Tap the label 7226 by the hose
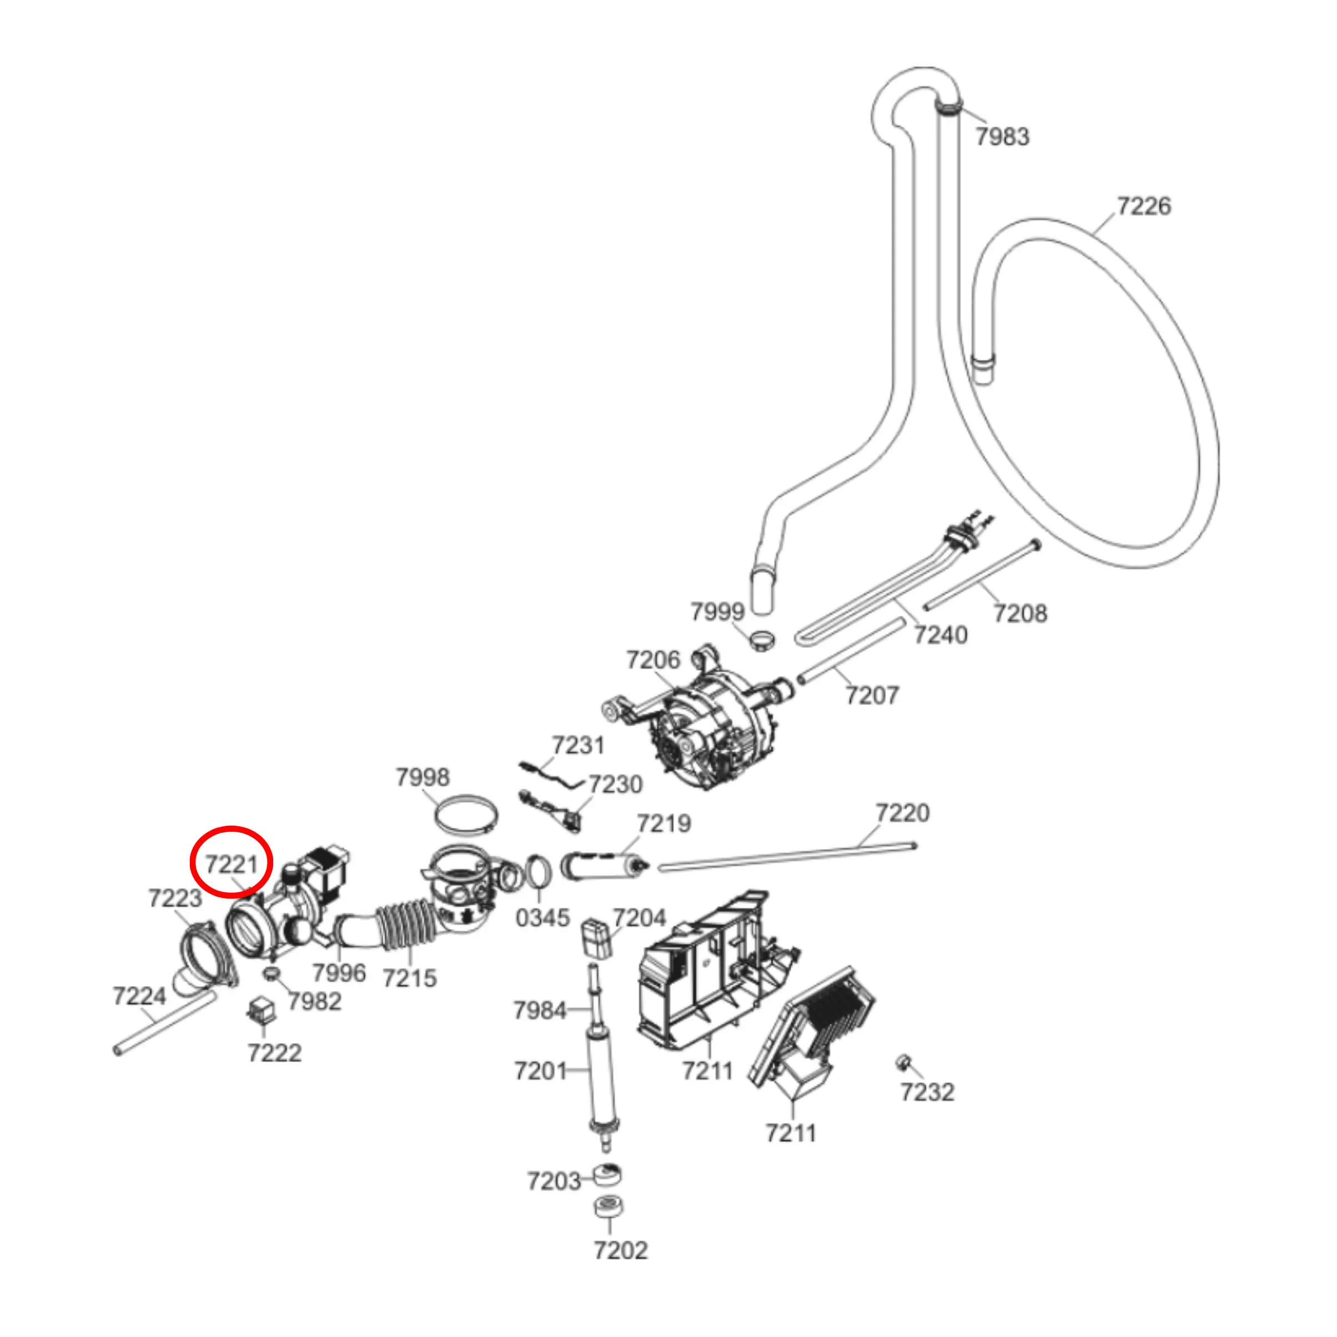pyautogui.click(x=1144, y=205)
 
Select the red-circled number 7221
pyautogui.click(x=232, y=864)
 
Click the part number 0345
pyautogui.click(x=542, y=918)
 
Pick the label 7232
pyautogui.click(x=927, y=1092)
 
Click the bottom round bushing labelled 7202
pyautogui.click(x=609, y=1206)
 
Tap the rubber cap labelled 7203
pyautogui.click(x=607, y=1174)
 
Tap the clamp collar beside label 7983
pyautogui.click(x=949, y=107)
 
